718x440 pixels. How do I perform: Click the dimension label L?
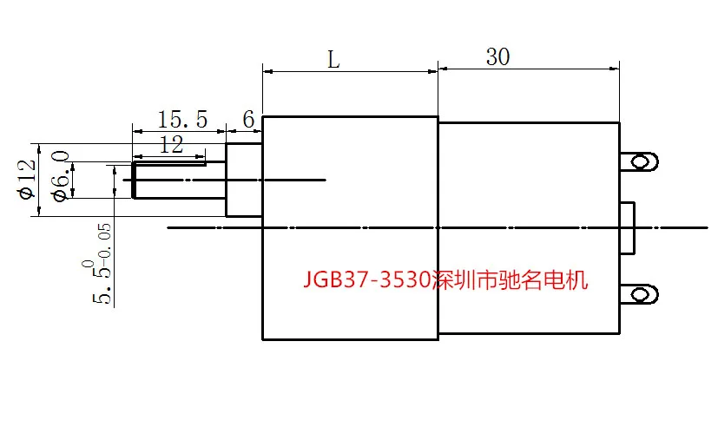[333, 60]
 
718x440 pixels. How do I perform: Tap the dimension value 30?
[497, 56]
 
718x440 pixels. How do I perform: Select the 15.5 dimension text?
[182, 120]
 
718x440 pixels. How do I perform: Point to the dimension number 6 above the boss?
[248, 120]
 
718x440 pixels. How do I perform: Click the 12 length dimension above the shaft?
[171, 145]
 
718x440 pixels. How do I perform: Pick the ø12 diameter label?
[28, 179]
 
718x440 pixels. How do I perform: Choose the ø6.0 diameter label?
[62, 176]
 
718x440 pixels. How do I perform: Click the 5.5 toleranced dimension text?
[100, 264]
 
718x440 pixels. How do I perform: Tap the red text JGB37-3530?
[367, 279]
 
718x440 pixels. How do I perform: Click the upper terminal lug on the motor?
[639, 161]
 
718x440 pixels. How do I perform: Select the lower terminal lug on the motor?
[639, 294]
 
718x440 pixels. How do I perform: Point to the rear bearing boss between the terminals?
[628, 227]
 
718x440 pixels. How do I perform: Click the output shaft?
[179, 180]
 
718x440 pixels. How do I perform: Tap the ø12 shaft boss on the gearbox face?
[244, 180]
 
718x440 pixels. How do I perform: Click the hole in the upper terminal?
[641, 161]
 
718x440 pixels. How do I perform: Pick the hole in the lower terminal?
[641, 294]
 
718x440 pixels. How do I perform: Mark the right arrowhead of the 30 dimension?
[614, 69]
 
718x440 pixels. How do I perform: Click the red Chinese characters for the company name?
[511, 279]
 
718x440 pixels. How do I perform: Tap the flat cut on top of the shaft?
[169, 163]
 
